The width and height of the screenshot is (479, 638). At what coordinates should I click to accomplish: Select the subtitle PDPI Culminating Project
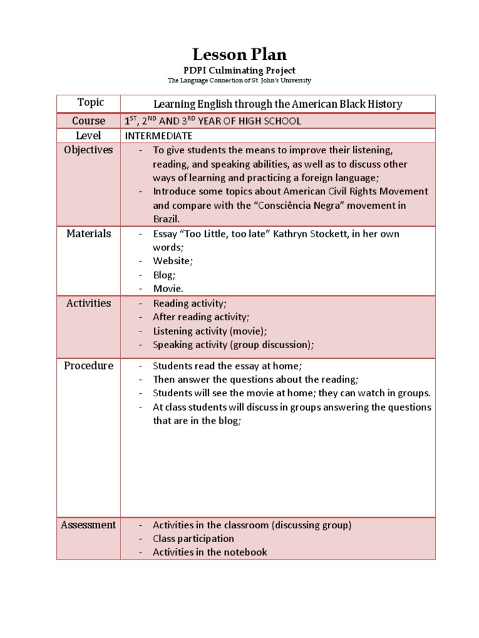[239, 70]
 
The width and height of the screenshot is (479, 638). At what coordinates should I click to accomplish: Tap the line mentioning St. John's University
[239, 81]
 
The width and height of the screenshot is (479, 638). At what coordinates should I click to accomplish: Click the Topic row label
[90, 103]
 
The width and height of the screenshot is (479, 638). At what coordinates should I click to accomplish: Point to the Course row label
[89, 121]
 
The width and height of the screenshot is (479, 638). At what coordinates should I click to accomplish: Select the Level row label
[89, 135]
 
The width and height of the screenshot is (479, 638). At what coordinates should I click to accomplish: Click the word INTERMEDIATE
[159, 136]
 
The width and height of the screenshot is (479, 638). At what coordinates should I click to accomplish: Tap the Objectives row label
[89, 150]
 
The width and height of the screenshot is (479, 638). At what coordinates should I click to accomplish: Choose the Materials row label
[89, 234]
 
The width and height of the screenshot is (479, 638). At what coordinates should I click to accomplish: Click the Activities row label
[89, 303]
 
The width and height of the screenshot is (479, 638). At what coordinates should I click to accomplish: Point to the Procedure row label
[89, 366]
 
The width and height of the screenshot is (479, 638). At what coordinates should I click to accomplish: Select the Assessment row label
[89, 525]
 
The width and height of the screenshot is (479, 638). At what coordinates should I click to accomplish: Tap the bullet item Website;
[172, 261]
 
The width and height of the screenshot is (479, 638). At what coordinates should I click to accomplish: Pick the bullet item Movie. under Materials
[168, 288]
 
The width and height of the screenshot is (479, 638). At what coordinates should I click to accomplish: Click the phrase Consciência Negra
[333, 206]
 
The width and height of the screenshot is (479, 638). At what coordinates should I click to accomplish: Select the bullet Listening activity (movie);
[210, 331]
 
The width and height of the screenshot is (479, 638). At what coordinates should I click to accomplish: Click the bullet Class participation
[193, 538]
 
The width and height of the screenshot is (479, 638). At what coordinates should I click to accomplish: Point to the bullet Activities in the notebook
[210, 552]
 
